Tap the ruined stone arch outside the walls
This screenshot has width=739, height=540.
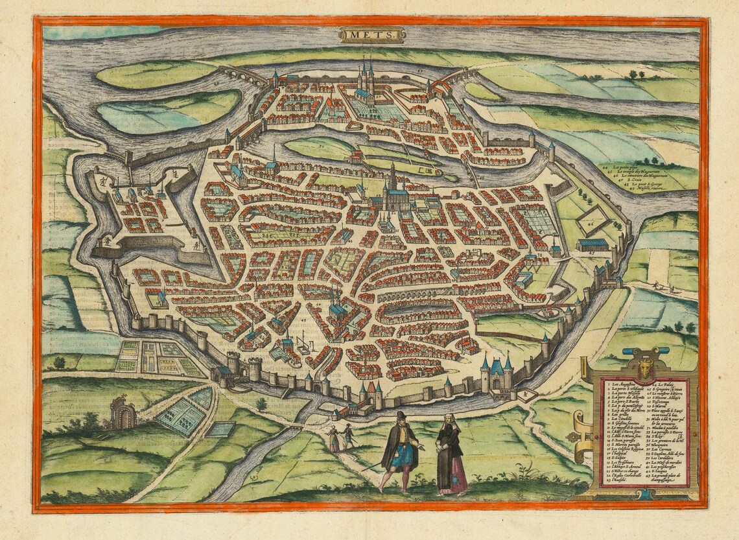coord(123,413)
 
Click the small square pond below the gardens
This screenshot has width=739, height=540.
coord(222,428)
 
